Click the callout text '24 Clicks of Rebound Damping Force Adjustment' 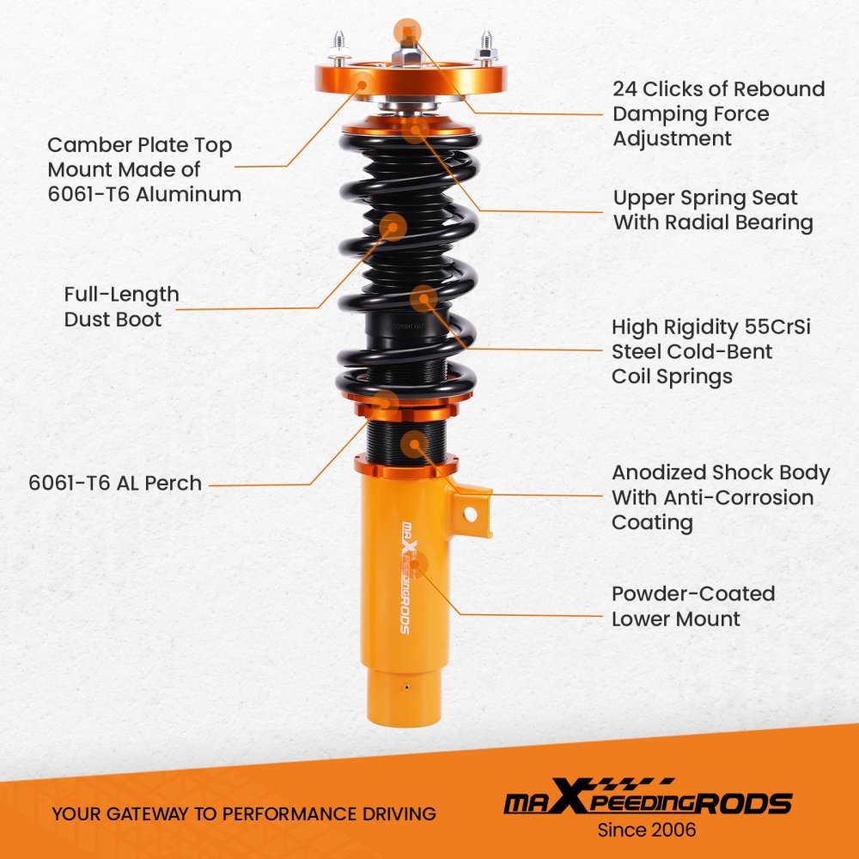coord(718,113)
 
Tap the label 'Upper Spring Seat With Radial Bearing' coord(713,210)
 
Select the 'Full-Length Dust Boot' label coord(121,307)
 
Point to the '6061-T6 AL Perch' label coord(115,483)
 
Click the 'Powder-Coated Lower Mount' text coord(693,606)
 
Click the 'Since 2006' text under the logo coord(647,830)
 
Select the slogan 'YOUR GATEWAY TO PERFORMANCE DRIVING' coord(244,813)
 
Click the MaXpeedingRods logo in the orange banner coord(648,797)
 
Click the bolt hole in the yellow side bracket coord(470,514)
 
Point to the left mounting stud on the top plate coord(339,47)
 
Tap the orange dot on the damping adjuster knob coord(407,32)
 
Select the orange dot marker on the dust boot coord(393,227)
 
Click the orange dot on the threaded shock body coord(415,444)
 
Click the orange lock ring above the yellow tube coord(406,467)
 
